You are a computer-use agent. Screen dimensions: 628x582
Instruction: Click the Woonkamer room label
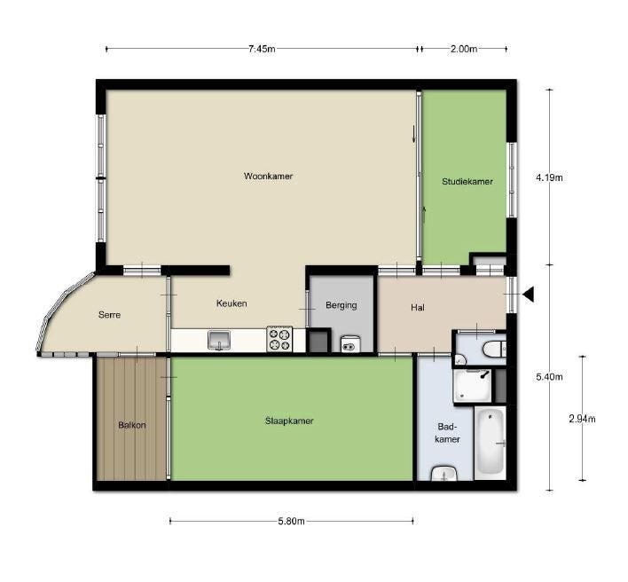click(x=269, y=176)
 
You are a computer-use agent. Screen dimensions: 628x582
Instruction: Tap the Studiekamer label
click(x=467, y=182)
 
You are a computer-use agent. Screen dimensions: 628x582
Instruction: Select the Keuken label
click(x=232, y=303)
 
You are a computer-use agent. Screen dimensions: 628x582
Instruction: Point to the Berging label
click(x=341, y=305)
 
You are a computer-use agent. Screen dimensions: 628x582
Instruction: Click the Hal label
click(x=417, y=308)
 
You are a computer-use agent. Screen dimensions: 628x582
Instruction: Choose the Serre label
click(x=109, y=315)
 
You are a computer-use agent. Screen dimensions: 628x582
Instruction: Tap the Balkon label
click(x=132, y=425)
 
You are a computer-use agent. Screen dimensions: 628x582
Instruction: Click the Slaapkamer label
click(x=289, y=421)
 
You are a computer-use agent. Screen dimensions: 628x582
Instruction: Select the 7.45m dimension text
click(x=262, y=49)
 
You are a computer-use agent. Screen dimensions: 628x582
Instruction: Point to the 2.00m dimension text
click(x=464, y=49)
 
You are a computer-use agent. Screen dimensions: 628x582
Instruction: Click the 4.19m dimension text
click(x=550, y=177)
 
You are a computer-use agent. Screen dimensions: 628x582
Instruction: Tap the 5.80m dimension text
click(x=291, y=521)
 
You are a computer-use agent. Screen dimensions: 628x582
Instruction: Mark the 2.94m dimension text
click(x=583, y=419)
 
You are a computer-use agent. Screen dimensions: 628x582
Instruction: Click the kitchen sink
click(x=219, y=341)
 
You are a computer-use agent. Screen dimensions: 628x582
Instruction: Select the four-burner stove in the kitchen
click(x=279, y=339)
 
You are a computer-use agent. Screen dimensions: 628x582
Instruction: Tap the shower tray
click(x=472, y=386)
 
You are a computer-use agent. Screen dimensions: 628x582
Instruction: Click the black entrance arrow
click(x=529, y=295)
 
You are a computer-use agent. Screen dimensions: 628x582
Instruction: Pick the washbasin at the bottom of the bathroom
click(x=444, y=474)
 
